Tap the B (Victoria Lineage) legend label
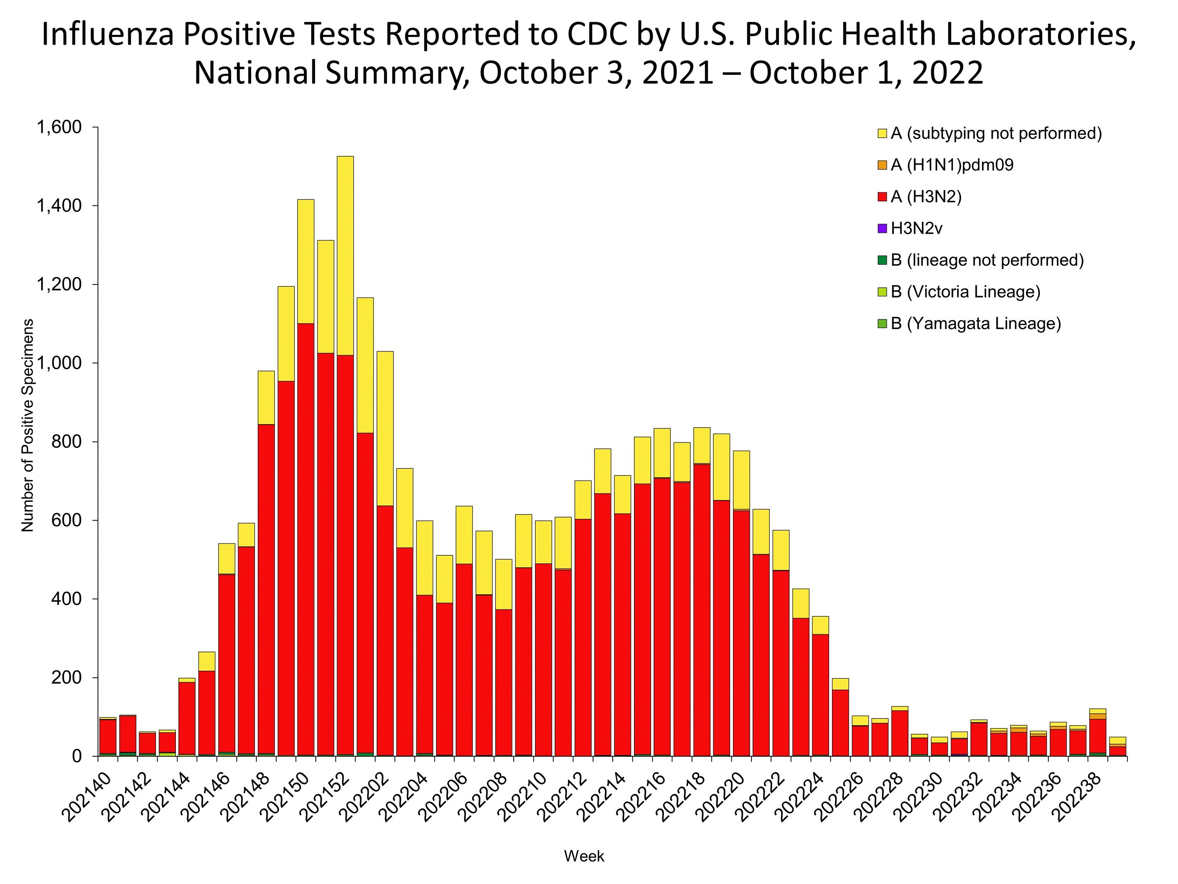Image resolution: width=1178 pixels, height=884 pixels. pyautogui.click(x=965, y=292)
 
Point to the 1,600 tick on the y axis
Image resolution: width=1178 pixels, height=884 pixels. pyautogui.click(x=59, y=127)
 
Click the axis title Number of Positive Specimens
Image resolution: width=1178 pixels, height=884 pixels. pyautogui.click(x=28, y=425)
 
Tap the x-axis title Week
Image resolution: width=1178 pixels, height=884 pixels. pyautogui.click(x=584, y=856)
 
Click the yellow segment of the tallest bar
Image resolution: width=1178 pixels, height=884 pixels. pyautogui.click(x=344, y=256)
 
